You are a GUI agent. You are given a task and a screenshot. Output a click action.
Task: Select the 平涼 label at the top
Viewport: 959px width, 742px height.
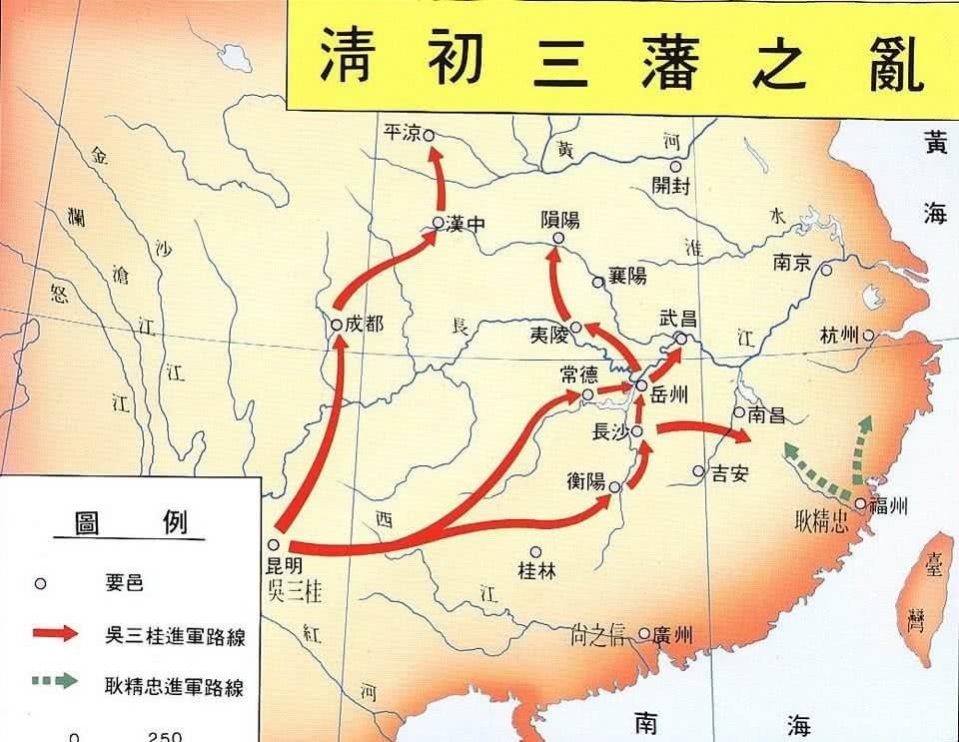pos(403,134)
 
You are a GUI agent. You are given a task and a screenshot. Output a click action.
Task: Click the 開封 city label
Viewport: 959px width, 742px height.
pos(670,186)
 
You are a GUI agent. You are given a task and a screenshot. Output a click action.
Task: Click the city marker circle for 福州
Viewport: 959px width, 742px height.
pos(860,503)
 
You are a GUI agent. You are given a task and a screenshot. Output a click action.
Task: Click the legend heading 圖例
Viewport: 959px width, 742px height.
pos(131,522)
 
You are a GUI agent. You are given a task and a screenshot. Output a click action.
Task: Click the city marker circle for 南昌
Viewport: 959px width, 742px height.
pos(738,411)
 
